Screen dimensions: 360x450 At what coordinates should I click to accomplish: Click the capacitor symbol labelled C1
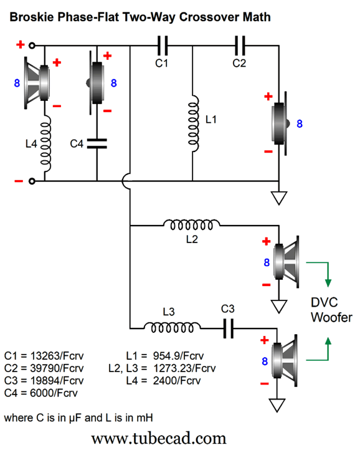pyautogui.click(x=163, y=45)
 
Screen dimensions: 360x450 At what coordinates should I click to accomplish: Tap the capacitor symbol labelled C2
pyautogui.click(x=240, y=45)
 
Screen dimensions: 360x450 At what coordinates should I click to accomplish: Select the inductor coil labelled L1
pyautogui.click(x=193, y=123)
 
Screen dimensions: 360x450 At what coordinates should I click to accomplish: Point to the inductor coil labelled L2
pyautogui.click(x=191, y=225)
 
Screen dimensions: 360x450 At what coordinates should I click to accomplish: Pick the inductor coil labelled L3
pyautogui.click(x=172, y=327)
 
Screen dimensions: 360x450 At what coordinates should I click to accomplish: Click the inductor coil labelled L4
pyautogui.click(x=46, y=143)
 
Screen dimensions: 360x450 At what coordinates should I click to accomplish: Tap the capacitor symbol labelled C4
pyautogui.click(x=97, y=143)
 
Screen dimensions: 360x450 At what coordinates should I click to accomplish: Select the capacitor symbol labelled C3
pyautogui.click(x=229, y=328)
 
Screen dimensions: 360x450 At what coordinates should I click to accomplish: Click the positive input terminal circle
pyautogui.click(x=32, y=45)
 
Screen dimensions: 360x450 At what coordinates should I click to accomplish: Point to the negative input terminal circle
pyautogui.click(x=32, y=181)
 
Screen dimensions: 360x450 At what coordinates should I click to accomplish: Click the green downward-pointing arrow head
pyautogui.click(x=328, y=283)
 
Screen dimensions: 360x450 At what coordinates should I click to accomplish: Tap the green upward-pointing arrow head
pyautogui.click(x=328, y=341)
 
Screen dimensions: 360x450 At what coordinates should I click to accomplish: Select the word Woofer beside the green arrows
pyautogui.click(x=331, y=317)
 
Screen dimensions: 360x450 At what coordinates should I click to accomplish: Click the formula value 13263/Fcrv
pyautogui.click(x=57, y=356)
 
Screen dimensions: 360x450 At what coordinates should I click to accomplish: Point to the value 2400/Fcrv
pyautogui.click(x=177, y=381)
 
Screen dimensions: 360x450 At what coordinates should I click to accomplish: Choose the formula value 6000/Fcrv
pyautogui.click(x=54, y=393)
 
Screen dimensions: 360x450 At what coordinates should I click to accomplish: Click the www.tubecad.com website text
pyautogui.click(x=159, y=439)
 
